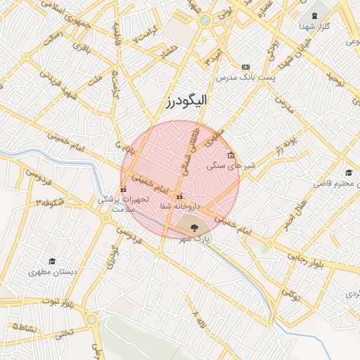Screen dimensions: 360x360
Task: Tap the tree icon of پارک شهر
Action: point(194,226)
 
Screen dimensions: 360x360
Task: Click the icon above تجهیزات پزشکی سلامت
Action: point(124,188)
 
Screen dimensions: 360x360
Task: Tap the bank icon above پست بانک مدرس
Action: point(245,66)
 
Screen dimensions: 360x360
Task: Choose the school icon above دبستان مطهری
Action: point(51,261)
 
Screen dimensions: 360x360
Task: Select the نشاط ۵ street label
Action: point(24,326)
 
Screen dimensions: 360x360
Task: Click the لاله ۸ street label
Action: point(200,320)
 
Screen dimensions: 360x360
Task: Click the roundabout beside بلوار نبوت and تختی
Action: point(92,319)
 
